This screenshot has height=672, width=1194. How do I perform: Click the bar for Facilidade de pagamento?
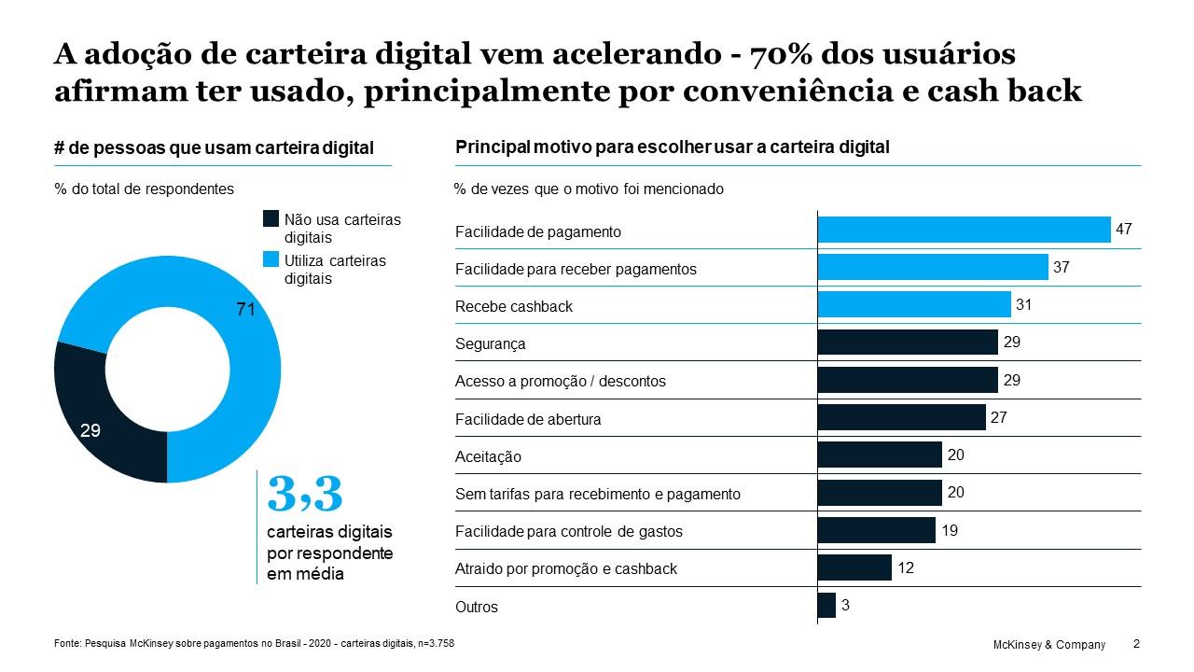964,230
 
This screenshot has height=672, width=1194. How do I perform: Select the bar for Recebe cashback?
914,304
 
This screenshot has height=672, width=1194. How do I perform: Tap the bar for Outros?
826,606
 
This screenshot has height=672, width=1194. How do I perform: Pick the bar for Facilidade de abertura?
901,417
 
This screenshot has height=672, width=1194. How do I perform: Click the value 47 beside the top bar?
1124,229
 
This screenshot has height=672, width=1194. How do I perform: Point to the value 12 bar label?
906,567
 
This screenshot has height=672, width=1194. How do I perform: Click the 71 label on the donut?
245,309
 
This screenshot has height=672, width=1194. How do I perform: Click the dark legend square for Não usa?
271,219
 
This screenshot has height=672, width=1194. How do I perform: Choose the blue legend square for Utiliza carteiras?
271,260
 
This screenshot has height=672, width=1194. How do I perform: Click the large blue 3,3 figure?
305,494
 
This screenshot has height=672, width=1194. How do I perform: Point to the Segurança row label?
490,343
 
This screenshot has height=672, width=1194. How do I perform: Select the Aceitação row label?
488,456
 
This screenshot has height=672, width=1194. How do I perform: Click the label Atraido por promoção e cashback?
565,568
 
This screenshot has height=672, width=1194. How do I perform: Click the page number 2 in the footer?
1135,644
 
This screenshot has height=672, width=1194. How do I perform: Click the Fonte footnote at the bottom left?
255,644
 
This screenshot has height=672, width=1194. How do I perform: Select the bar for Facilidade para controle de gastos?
876,530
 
